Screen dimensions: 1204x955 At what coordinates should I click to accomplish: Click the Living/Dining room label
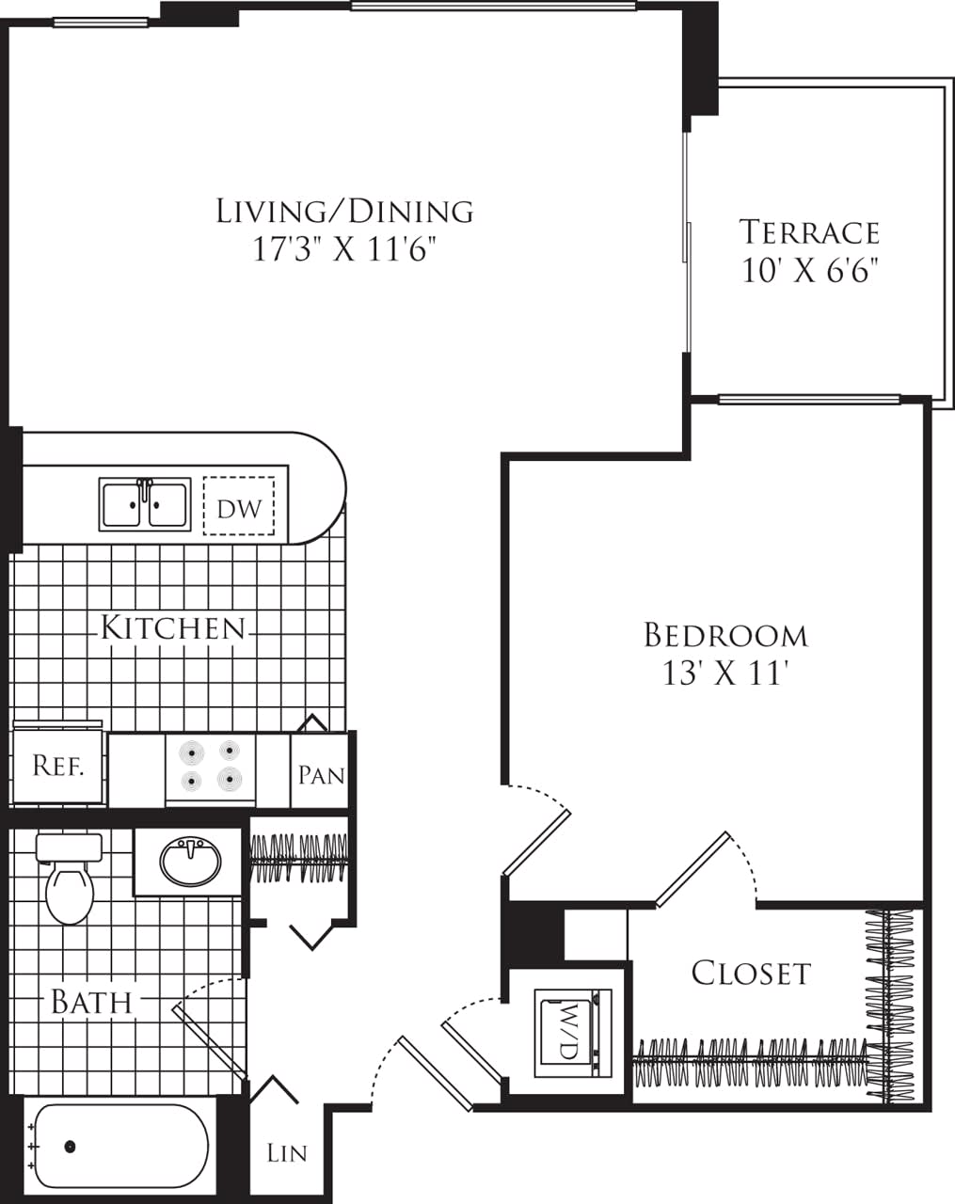click(344, 211)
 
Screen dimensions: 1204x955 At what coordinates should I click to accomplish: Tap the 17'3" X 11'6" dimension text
click(344, 250)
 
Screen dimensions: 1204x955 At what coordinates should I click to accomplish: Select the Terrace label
click(809, 232)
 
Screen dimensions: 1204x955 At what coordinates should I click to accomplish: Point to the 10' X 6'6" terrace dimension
click(809, 271)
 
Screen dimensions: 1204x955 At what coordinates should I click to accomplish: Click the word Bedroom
click(725, 636)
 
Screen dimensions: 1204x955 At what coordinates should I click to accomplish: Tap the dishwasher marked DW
click(239, 508)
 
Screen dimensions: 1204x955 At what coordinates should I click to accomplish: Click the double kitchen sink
click(145, 504)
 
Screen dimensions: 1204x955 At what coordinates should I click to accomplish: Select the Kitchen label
click(173, 627)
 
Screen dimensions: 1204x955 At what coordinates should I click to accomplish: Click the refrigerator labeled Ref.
click(57, 766)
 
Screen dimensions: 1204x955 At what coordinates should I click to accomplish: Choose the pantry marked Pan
click(321, 774)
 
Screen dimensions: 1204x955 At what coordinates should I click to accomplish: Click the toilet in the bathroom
click(70, 881)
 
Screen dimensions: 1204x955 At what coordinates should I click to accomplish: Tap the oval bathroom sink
click(191, 861)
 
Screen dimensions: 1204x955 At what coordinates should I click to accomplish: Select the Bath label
click(91, 1003)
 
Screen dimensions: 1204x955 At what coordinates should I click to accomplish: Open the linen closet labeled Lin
click(286, 1152)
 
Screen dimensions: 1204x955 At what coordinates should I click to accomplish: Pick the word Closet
click(750, 973)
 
